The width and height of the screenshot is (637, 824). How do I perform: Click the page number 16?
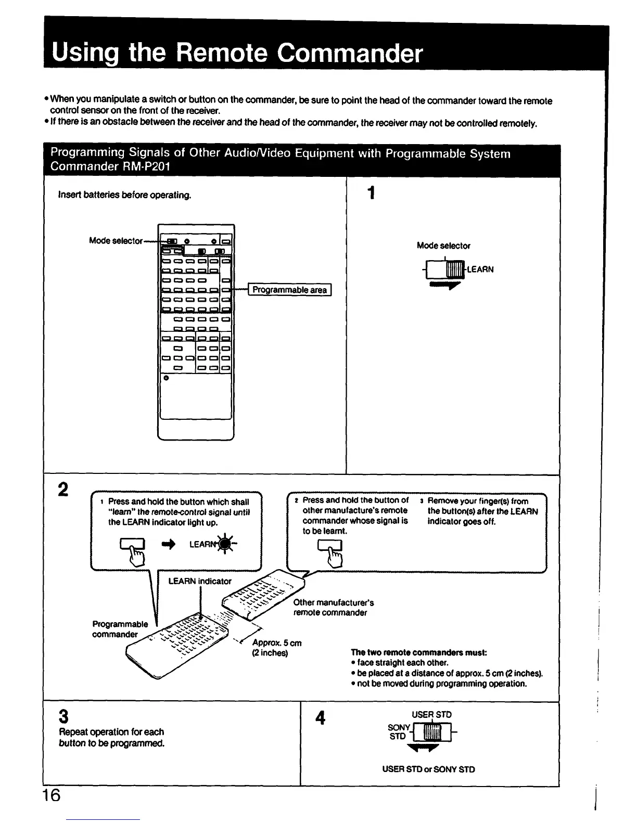coord(52,795)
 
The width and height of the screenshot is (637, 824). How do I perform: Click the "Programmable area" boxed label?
coord(290,290)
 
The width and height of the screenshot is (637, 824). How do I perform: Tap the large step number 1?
coord(371,194)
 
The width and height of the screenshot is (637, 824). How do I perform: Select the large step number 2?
coord(63,490)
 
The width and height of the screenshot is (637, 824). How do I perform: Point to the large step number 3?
coord(63,717)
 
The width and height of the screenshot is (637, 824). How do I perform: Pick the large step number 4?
coord(321,718)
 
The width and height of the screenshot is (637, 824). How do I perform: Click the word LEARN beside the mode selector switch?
coord(480,269)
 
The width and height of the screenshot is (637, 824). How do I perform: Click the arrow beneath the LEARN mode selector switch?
coord(445,286)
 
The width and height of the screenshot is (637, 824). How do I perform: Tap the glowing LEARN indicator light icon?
coord(225,544)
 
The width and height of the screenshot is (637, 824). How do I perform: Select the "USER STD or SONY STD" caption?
coord(428,769)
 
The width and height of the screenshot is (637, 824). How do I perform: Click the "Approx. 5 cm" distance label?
coord(276,643)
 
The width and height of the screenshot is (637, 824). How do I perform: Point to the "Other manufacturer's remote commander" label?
coord(333,608)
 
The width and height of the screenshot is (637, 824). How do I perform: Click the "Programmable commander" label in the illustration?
coord(120,629)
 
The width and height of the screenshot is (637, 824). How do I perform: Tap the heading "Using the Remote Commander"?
coord(237,53)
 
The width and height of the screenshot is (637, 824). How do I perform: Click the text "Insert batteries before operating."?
coord(125,195)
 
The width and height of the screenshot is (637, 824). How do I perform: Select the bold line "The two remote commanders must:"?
coord(418,652)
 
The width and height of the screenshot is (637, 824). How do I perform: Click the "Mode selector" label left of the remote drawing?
coord(116,240)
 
